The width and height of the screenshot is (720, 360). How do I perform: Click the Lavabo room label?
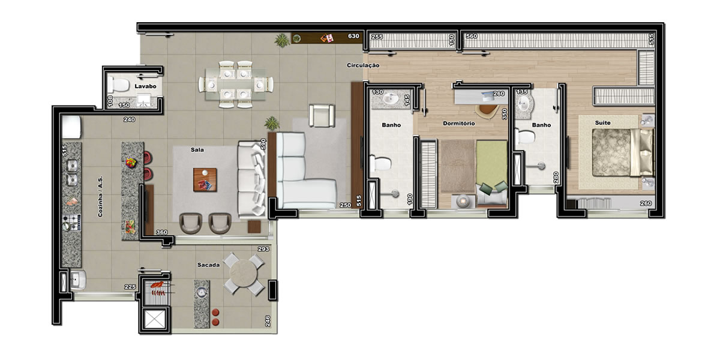tap(145, 86)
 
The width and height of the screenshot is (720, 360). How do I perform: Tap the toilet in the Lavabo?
tap(118, 85)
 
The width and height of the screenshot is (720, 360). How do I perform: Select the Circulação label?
tap(363, 65)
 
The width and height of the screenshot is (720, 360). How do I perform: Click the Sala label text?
tap(197, 150)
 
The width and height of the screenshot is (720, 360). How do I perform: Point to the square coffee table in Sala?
tap(205, 179)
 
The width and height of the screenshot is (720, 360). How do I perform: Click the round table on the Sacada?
tap(244, 273)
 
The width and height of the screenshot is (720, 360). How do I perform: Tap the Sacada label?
tap(208, 265)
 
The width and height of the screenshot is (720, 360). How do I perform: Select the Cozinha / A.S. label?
tap(100, 196)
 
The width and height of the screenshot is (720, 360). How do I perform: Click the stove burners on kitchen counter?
tap(71, 223)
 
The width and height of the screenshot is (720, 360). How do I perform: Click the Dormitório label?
tap(458, 124)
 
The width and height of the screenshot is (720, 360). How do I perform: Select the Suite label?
tap(602, 123)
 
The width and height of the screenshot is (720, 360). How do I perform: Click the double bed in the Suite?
tap(623, 152)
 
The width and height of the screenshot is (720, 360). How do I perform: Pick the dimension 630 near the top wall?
tap(353, 36)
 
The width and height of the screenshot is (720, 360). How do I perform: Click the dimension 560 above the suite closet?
tap(472, 36)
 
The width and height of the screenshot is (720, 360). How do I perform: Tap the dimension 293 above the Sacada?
tap(263, 249)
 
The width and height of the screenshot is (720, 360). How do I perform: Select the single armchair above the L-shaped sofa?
tap(322, 115)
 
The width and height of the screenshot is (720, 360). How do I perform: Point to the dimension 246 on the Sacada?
tap(268, 321)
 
